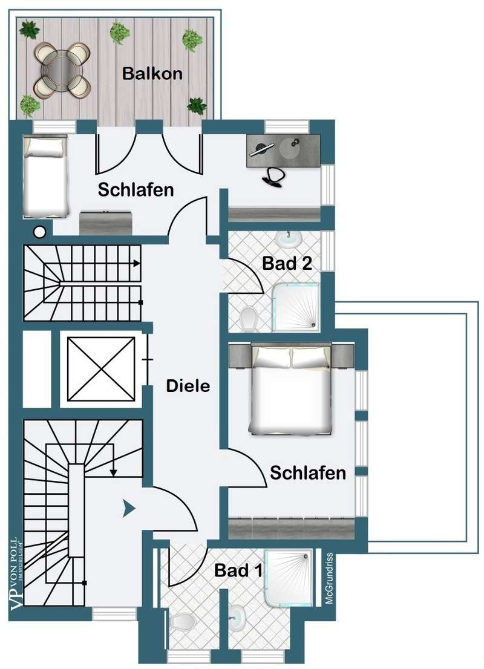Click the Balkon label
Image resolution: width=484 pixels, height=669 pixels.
(x=152, y=74)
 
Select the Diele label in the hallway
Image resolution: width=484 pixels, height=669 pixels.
(x=188, y=385)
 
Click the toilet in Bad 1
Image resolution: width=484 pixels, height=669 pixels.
(x=182, y=621)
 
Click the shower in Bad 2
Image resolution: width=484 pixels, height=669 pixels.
(x=296, y=307)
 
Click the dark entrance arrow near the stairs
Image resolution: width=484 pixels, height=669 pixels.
(x=128, y=509)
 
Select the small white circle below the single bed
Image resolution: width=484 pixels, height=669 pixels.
(x=40, y=230)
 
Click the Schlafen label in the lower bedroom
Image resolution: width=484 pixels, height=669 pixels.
(x=308, y=472)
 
